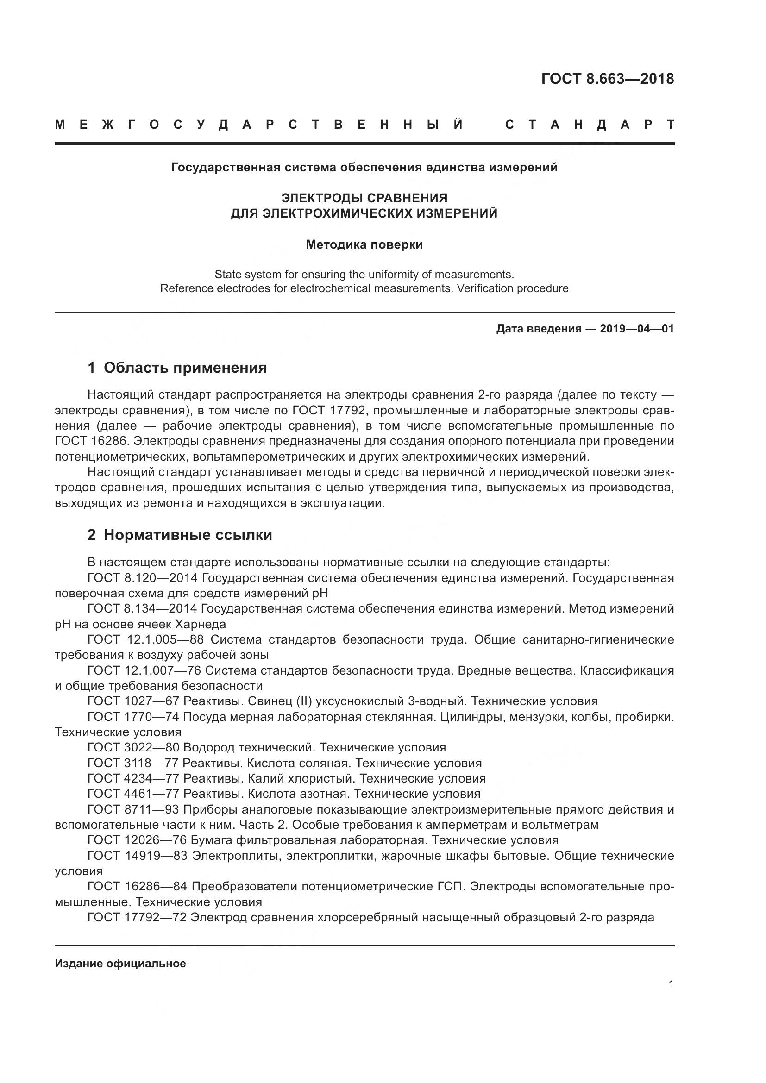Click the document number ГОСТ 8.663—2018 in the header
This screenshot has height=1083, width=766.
pyautogui.click(x=608, y=79)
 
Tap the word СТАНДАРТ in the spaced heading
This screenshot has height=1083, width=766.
pyautogui.click(x=590, y=125)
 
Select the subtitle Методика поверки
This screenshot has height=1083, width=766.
pyautogui.click(x=364, y=245)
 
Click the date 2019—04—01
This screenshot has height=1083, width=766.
pyautogui.click(x=637, y=329)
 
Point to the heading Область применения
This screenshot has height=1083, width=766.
pyautogui.click(x=185, y=368)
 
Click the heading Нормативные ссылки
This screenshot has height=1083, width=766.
pyautogui.click(x=188, y=535)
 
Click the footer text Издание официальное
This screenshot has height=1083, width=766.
pyautogui.click(x=120, y=964)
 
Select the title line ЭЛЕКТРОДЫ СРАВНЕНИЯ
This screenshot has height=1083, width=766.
pyautogui.click(x=364, y=198)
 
